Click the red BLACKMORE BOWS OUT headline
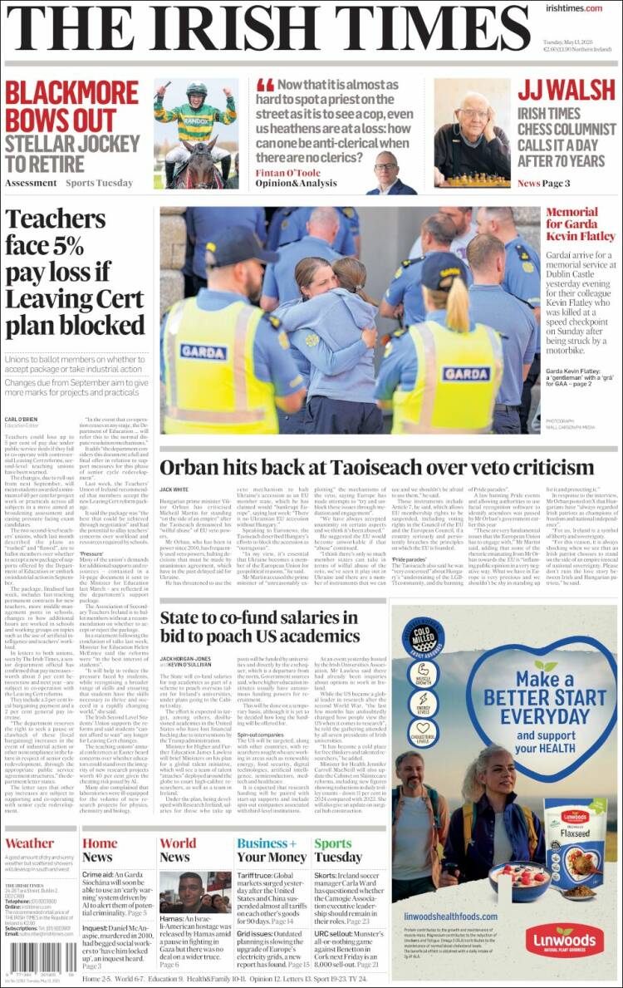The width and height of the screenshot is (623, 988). click(x=71, y=105)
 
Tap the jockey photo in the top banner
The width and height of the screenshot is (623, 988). click(x=196, y=133)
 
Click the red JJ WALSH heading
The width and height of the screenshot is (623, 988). click(x=567, y=91)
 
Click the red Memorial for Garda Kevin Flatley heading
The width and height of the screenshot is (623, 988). click(x=581, y=224)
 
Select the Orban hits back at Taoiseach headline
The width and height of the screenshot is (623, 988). click(x=376, y=467)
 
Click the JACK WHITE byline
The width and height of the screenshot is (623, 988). click(x=174, y=490)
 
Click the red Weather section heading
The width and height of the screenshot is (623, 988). click(x=29, y=843)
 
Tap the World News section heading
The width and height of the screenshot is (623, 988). click(x=177, y=850)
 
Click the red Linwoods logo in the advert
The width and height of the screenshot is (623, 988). click(x=564, y=940)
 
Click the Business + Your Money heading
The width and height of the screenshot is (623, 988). click(x=271, y=850)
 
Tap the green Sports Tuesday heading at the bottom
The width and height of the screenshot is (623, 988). click(x=337, y=850)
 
